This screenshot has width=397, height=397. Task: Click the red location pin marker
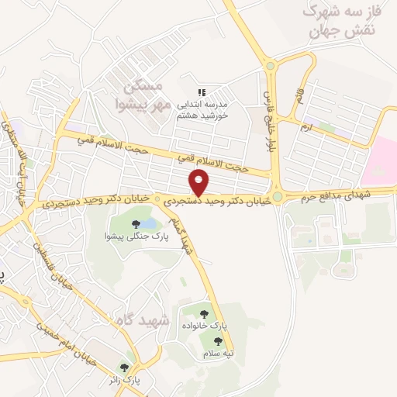[x=199, y=182]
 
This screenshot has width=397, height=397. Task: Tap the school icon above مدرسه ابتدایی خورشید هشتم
[x=202, y=92]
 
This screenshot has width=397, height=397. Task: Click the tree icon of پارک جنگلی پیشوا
[x=136, y=225]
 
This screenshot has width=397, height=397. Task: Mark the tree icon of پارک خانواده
[x=204, y=315]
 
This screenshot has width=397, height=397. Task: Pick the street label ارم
[x=308, y=126]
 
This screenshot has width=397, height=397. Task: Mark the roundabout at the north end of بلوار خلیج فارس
[x=270, y=66]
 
